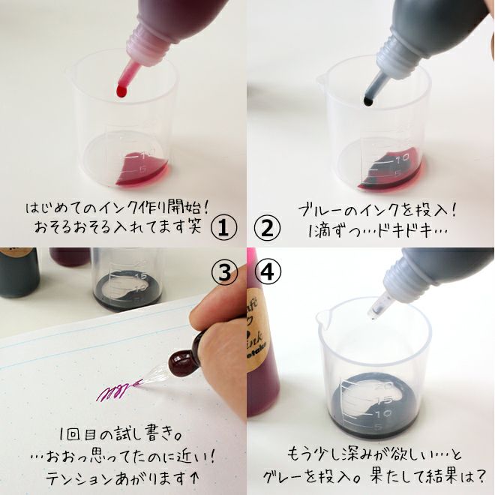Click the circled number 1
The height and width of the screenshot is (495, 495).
pos(223,228)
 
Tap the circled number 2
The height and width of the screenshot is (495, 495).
pos(267,228)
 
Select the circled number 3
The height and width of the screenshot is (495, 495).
pos(223,272)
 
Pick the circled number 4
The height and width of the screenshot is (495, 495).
pos(268,272)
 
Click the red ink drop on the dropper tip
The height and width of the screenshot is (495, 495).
pos(121,91)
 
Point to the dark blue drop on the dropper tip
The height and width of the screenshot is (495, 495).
pos(368,100)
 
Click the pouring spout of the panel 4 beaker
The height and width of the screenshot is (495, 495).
pos(322,316)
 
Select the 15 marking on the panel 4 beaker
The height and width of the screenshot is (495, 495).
pos(385,400)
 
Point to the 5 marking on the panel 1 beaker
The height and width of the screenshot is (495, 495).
pos(143,169)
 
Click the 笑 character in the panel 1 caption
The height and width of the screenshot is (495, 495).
pos(193,226)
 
